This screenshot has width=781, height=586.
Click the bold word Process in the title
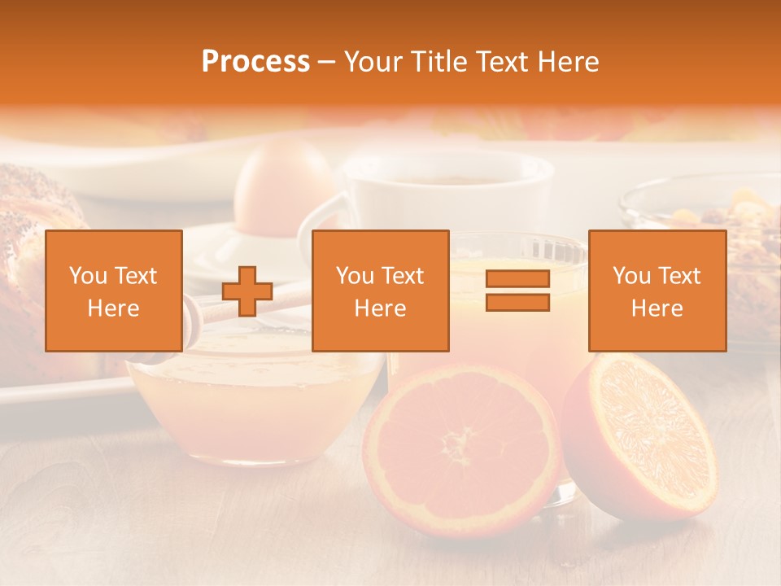click(x=255, y=62)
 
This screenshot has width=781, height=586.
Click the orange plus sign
click(x=247, y=291)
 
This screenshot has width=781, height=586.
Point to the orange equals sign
click(x=517, y=291)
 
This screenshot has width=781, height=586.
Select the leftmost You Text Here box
click(x=114, y=291)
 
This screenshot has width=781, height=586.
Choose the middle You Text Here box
click(x=380, y=291)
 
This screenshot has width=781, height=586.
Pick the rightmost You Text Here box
click(x=657, y=291)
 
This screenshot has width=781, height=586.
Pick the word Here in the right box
click(x=657, y=308)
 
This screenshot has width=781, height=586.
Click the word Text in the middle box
click(x=402, y=276)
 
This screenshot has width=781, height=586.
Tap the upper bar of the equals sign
click(x=517, y=279)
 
